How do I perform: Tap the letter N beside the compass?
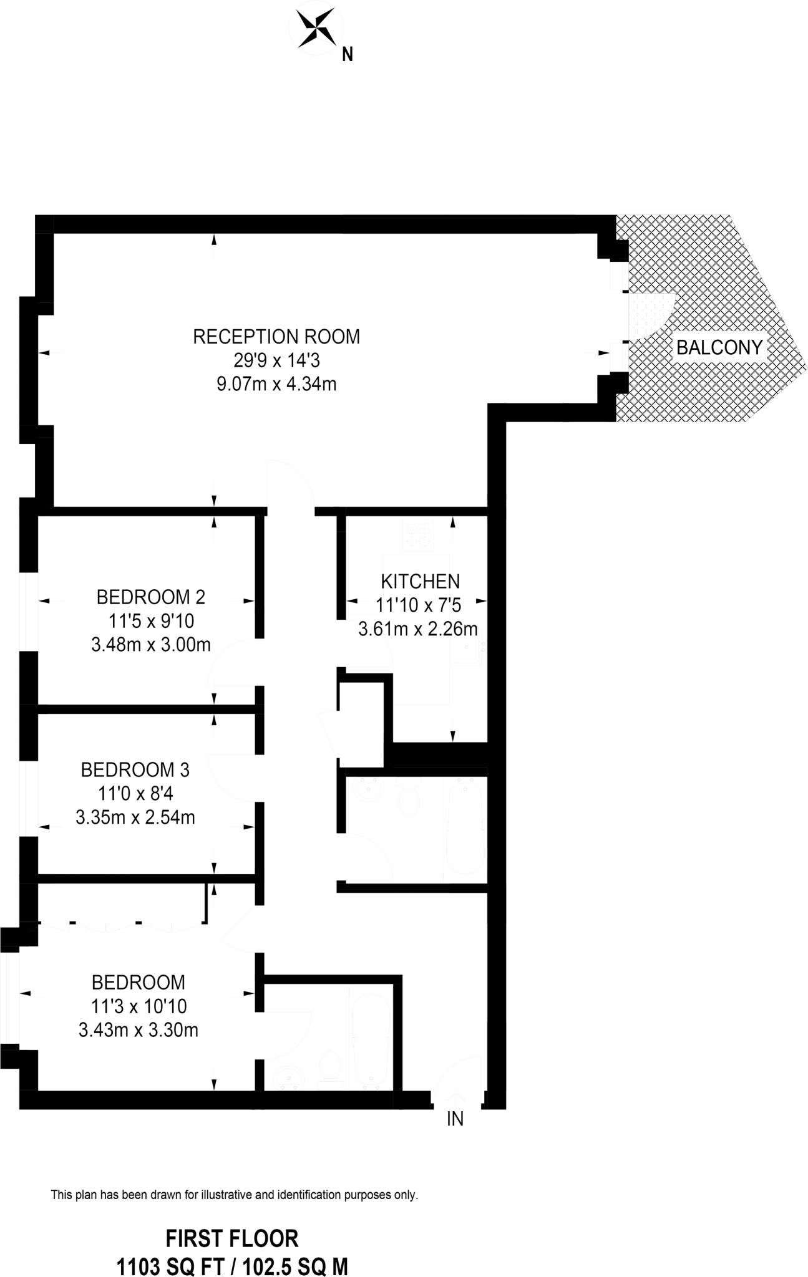[348, 55]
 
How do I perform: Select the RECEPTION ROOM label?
[276, 337]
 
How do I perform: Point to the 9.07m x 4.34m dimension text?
[276, 384]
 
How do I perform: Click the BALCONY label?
[719, 347]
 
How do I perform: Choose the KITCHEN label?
[420, 581]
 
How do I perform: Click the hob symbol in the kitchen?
[418, 536]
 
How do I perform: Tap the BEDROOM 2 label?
[150, 597]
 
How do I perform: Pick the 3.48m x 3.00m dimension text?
[150, 645]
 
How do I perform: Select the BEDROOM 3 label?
[135, 770]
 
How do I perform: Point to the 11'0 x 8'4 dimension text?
[135, 794]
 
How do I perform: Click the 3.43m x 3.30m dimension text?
[138, 1029]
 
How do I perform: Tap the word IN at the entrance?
[455, 1119]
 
